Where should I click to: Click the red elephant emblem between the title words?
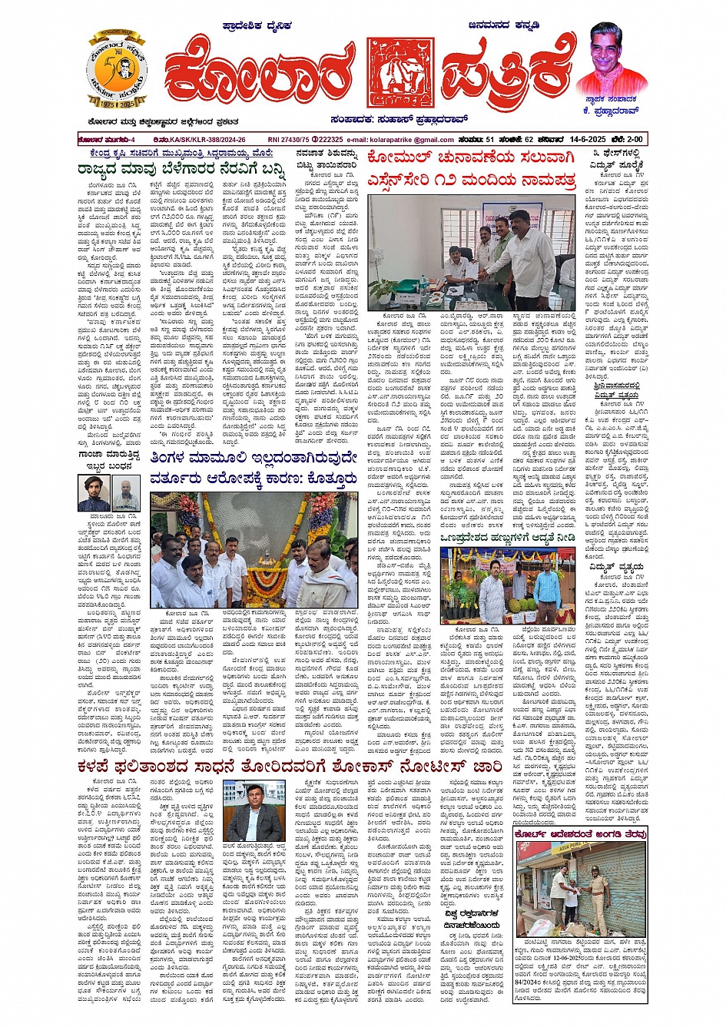tap(395, 71)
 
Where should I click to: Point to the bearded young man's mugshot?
tap(93, 492)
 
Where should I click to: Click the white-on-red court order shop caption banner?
tap(582, 833)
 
